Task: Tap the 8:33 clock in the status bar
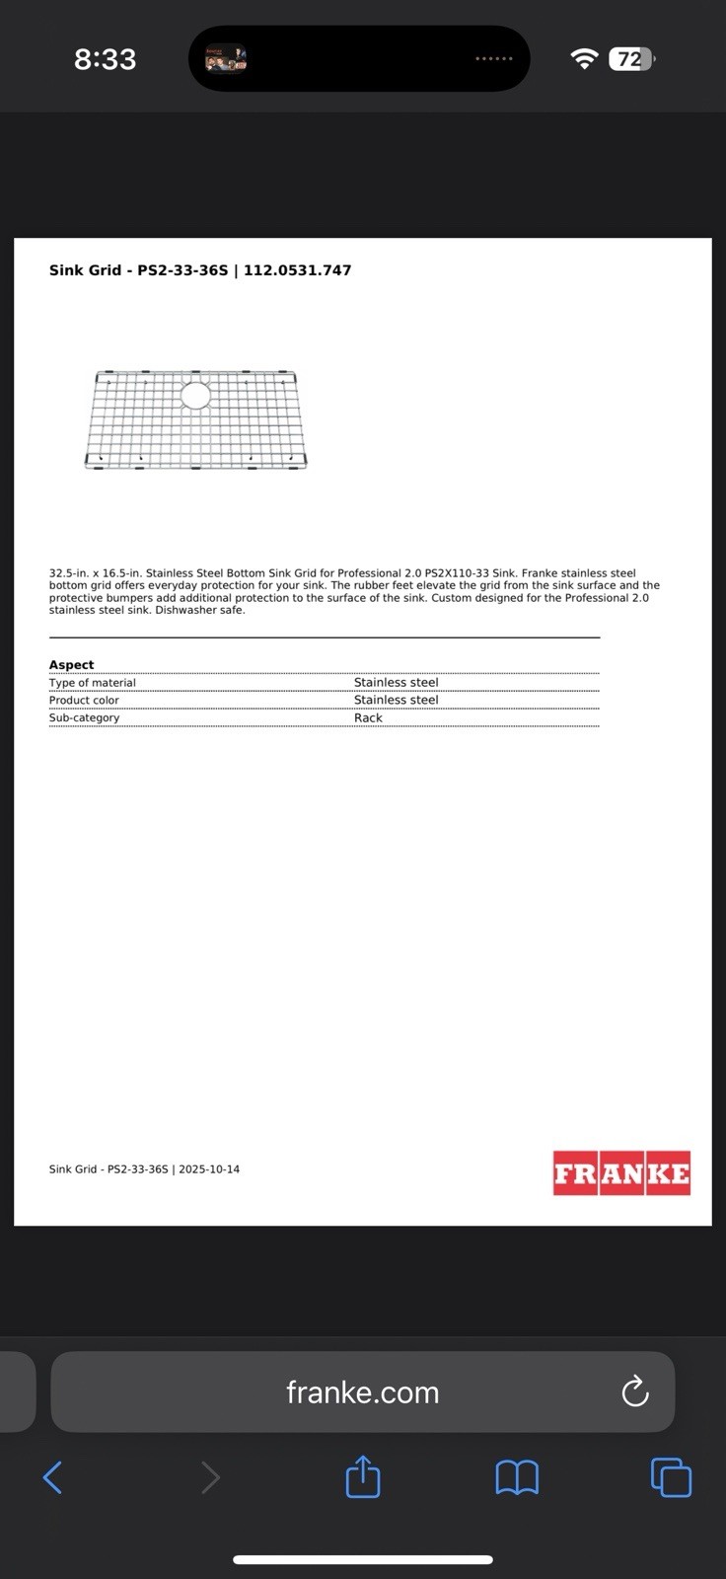(105, 59)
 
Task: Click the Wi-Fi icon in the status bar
(584, 59)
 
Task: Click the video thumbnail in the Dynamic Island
(225, 59)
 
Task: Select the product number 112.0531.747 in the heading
(297, 270)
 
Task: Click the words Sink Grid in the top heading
(85, 270)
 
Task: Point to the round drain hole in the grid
(195, 396)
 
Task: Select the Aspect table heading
(72, 665)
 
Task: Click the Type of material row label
(93, 683)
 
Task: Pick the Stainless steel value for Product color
(396, 701)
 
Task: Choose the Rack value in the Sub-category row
(368, 718)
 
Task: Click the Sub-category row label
(84, 718)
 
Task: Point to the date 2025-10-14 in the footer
(209, 1169)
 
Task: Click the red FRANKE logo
(621, 1173)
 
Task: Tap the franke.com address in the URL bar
(362, 1392)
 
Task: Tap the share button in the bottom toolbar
(363, 1477)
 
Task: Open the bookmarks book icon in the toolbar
(517, 1477)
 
